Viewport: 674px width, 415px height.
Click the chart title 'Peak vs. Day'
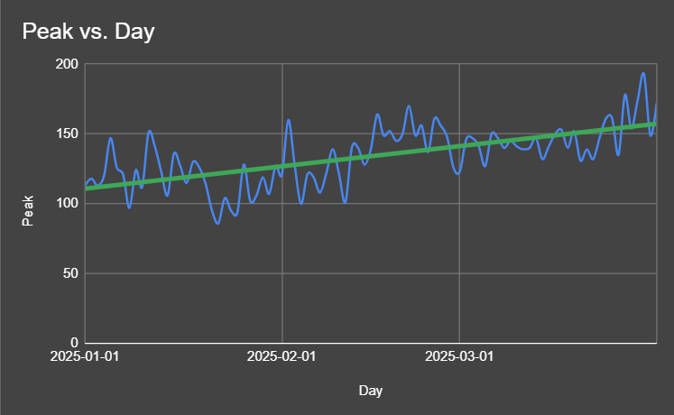88,32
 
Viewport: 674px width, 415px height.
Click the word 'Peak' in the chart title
44,32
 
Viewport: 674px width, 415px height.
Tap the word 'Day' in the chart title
134,32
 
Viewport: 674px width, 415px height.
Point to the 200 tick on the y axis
66,64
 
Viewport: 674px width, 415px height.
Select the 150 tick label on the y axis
66,134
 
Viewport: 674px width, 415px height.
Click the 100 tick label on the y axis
66,204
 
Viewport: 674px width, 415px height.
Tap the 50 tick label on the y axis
69,273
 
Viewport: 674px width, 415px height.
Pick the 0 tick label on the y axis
73,344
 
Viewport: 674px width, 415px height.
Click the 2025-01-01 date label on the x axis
86,356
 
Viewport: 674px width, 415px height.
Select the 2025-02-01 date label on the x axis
282,356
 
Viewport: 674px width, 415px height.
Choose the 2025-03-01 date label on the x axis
460,356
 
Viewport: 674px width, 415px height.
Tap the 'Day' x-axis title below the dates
370,391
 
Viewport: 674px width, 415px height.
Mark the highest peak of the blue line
643,74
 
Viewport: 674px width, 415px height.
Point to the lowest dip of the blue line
217,223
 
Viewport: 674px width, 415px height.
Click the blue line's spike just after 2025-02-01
289,120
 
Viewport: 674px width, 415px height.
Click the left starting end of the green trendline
87,189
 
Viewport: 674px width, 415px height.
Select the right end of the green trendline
654,124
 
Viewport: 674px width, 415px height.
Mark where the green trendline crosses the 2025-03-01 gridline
460,145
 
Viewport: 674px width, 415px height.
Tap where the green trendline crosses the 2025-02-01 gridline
282,166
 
